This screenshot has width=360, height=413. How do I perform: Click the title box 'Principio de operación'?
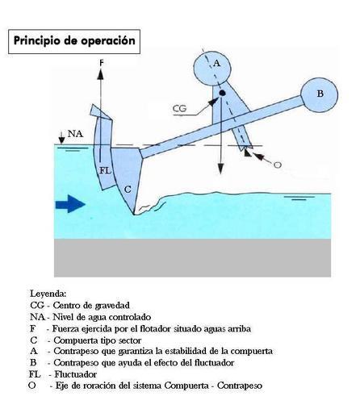click(x=74, y=41)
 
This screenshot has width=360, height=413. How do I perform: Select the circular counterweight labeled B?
click(x=319, y=94)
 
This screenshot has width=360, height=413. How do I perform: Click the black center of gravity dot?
click(x=222, y=93)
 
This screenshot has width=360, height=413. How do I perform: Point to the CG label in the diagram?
click(x=179, y=109)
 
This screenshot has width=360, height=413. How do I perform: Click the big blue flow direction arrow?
click(x=70, y=204)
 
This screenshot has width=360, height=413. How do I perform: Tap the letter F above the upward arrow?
click(x=102, y=63)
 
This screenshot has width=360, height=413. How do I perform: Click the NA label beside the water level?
click(x=75, y=134)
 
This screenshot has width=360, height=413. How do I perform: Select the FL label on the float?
click(x=105, y=170)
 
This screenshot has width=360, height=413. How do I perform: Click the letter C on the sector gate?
click(x=128, y=190)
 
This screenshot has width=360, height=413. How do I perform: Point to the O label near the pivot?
click(x=278, y=165)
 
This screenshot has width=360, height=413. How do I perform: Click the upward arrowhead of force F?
click(x=101, y=74)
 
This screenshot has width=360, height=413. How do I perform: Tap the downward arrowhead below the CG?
click(x=220, y=169)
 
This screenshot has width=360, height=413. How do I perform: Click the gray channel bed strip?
click(x=192, y=258)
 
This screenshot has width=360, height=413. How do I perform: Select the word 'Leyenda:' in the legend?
click(x=48, y=294)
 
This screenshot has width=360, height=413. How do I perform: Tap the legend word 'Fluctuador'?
click(x=76, y=374)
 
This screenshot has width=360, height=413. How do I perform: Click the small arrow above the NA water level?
click(x=62, y=137)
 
